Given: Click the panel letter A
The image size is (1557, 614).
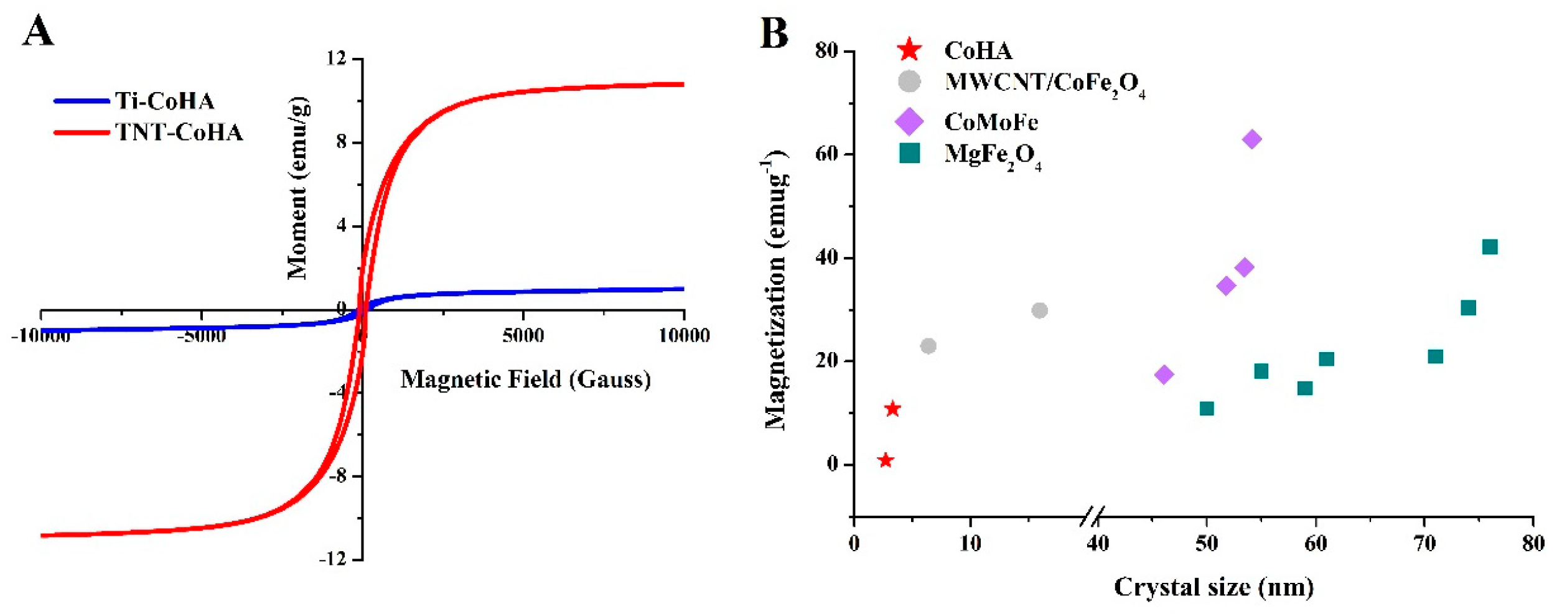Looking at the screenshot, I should pyautogui.click(x=38, y=32).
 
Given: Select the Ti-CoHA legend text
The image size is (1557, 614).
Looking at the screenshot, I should pyautogui.click(x=165, y=101).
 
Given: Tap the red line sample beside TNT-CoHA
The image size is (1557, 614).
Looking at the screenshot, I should pyautogui.click(x=82, y=132).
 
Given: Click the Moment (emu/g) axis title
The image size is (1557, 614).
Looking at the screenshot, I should pyautogui.click(x=297, y=188).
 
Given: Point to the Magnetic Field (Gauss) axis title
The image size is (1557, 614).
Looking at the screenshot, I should pyautogui.click(x=525, y=379).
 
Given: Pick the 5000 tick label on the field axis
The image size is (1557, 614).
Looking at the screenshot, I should pyautogui.click(x=523, y=336).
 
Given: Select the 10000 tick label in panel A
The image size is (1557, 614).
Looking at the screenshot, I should pyautogui.click(x=684, y=336).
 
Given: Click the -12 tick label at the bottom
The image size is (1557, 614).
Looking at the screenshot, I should pyautogui.click(x=332, y=559).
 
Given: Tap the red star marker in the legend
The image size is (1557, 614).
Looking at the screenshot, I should pyautogui.click(x=909, y=50).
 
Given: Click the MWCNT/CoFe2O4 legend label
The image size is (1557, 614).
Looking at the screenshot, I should pyautogui.click(x=1044, y=83).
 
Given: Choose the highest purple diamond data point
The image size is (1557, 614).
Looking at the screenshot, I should pyautogui.click(x=1251, y=139).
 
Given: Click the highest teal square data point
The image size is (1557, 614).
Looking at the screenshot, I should pyautogui.click(x=1489, y=247).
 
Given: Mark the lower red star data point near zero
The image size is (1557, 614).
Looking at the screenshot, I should pyautogui.click(x=886, y=460).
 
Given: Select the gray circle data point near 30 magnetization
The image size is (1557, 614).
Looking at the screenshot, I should pyautogui.click(x=1039, y=310).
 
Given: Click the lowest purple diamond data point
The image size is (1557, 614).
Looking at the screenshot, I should pyautogui.click(x=1164, y=374).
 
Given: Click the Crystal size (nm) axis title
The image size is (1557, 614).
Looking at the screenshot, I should pyautogui.click(x=1213, y=587).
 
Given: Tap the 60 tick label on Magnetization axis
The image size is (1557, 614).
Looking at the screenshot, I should pyautogui.click(x=827, y=154).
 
